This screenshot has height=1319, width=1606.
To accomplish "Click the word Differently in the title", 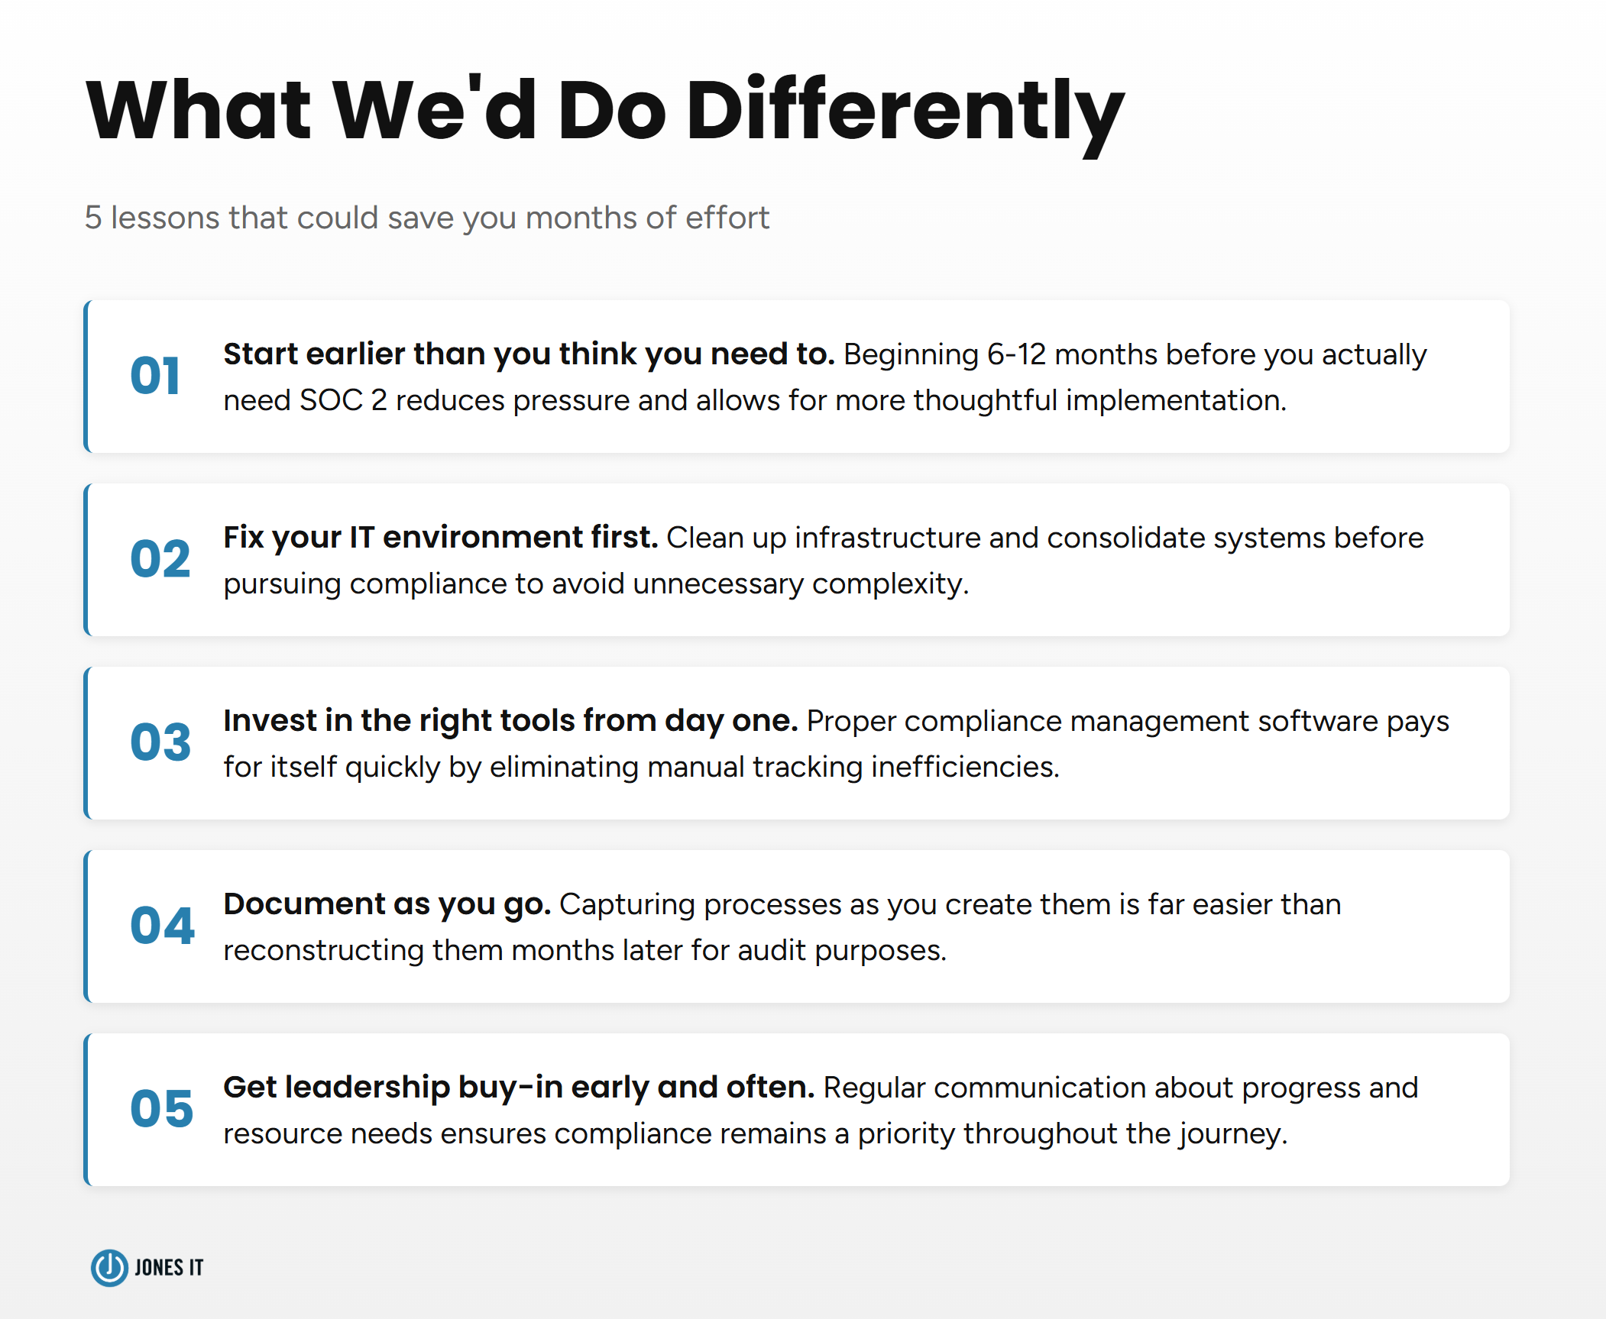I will (905, 113).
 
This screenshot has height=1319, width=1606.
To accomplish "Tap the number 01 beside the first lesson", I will (155, 376).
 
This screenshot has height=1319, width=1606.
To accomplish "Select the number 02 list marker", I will (160, 559).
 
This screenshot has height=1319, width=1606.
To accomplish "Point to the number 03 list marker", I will (160, 742).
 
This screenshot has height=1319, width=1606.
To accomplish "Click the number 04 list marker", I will (162, 926).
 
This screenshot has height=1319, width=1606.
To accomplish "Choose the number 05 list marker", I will (161, 1109).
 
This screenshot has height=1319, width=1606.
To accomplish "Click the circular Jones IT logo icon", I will (109, 1268).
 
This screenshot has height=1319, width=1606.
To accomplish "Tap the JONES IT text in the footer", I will (169, 1268).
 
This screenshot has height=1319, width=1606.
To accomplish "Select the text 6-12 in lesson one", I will (1016, 354).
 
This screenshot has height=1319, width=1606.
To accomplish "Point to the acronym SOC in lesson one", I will (331, 400).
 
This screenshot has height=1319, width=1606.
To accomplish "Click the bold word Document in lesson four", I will (304, 904).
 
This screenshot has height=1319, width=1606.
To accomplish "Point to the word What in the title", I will (198, 113).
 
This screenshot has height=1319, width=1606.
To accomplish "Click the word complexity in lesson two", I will (890, 584).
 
